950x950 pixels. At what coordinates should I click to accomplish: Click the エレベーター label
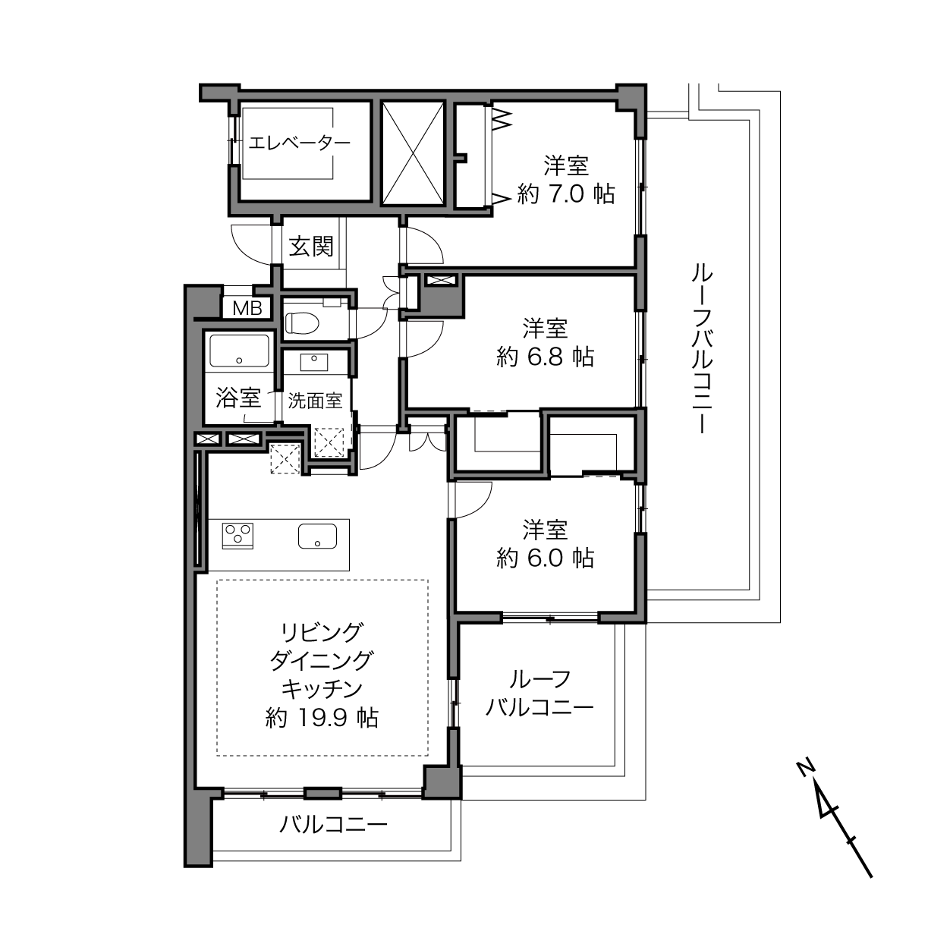[299, 143]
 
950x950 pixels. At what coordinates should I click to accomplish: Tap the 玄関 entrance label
[312, 246]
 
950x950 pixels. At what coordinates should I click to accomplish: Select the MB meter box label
[247, 308]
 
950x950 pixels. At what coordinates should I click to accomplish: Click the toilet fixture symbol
[302, 324]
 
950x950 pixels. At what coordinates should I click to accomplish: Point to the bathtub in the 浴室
[240, 351]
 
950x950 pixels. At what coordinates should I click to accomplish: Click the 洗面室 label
[315, 401]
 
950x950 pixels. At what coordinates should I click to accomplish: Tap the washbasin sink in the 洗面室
[314, 363]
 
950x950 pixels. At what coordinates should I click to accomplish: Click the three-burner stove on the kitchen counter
[238, 535]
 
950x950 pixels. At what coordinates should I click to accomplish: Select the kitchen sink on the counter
[317, 536]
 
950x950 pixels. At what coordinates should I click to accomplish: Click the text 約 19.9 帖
[322, 719]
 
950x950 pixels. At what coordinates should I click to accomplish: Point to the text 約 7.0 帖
[566, 193]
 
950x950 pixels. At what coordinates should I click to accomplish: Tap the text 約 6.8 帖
[546, 357]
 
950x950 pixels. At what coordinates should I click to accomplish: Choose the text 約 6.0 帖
[546, 558]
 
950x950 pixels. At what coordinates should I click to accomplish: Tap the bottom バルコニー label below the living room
[334, 824]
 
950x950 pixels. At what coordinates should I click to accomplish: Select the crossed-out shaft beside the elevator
[413, 153]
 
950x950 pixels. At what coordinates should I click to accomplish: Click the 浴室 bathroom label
[238, 398]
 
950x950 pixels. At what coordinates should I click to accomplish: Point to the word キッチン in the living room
[322, 689]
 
